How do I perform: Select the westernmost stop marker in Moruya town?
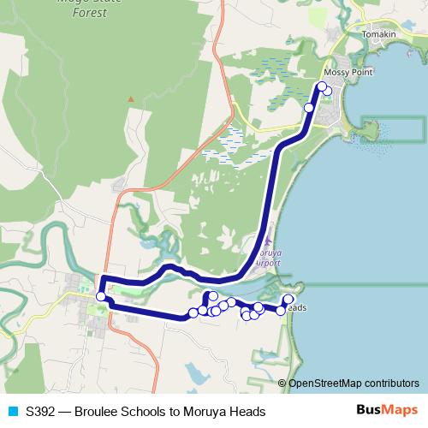click(101, 297)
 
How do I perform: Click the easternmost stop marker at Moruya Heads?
click(288, 300)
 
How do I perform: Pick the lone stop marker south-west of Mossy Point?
click(309, 108)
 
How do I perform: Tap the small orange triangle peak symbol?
click(131, 98)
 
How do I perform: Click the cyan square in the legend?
click(11, 412)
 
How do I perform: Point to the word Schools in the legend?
click(145, 412)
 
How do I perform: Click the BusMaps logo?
click(387, 411)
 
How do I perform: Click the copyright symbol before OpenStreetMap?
click(282, 383)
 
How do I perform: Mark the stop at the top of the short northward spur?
click(212, 295)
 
